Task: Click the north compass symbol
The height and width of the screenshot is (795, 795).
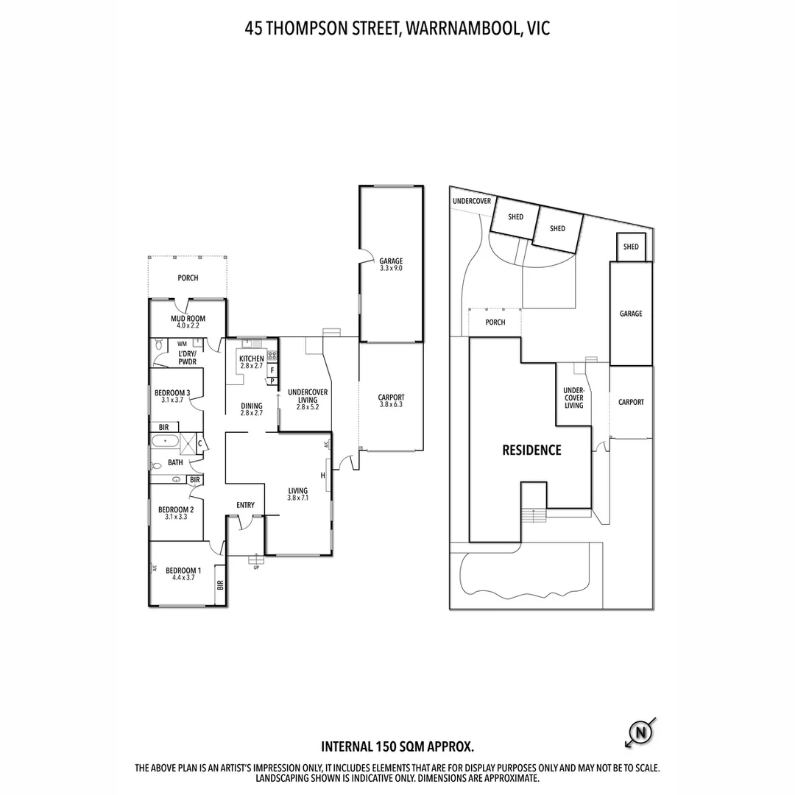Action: pyautogui.click(x=640, y=732)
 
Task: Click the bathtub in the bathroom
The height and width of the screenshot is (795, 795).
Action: pyautogui.click(x=165, y=442)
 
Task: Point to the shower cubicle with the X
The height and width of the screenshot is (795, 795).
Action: pyautogui.click(x=188, y=442)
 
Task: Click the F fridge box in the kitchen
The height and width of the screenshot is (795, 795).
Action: pyautogui.click(x=272, y=370)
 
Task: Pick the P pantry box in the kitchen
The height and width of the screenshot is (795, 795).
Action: pyautogui.click(x=272, y=381)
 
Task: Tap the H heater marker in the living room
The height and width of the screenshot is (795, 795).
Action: pyautogui.click(x=322, y=476)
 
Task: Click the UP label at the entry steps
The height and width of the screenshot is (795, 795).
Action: pyautogui.click(x=256, y=567)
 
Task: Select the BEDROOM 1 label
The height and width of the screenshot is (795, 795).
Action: pyautogui.click(x=181, y=570)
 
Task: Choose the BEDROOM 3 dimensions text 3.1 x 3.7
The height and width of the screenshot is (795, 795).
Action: pyautogui.click(x=172, y=400)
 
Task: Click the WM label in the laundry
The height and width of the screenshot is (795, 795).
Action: pyautogui.click(x=182, y=344)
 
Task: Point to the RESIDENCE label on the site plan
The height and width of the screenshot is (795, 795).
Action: pyautogui.click(x=531, y=451)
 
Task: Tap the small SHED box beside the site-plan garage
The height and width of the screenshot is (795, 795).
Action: pyautogui.click(x=631, y=247)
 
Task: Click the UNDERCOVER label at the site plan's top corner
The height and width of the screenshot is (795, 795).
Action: pyautogui.click(x=472, y=201)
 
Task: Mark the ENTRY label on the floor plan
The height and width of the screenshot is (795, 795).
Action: pyautogui.click(x=245, y=505)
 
